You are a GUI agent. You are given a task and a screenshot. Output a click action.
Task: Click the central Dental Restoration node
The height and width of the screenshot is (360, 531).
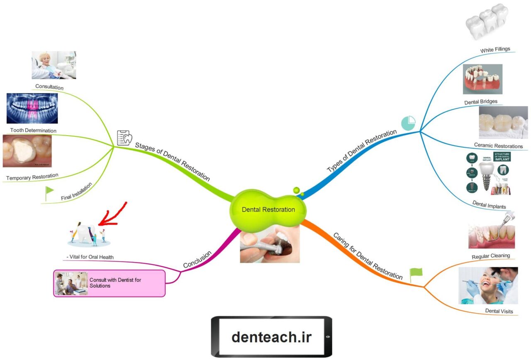(x=268, y=209)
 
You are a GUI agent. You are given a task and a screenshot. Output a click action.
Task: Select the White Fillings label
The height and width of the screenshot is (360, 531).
(x=495, y=50)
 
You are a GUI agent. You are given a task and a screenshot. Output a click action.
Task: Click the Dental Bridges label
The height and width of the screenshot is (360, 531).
(x=481, y=101)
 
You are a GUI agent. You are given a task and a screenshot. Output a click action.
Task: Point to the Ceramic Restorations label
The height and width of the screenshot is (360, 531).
(x=498, y=146)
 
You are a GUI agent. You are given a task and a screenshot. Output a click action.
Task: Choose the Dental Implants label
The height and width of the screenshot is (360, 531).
(x=489, y=204)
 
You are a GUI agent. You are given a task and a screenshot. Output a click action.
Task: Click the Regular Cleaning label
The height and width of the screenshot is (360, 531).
(x=491, y=256)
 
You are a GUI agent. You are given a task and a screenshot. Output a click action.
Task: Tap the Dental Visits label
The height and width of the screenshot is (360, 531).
(x=499, y=311)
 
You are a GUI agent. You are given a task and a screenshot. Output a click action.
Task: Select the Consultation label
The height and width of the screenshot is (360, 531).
(x=49, y=88)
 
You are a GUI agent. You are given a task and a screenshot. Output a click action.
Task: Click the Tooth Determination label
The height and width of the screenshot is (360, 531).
(x=33, y=130)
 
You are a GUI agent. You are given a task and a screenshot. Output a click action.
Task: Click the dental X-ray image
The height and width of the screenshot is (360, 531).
(x=32, y=108)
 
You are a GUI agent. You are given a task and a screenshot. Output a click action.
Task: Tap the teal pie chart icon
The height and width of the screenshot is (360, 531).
(x=408, y=123)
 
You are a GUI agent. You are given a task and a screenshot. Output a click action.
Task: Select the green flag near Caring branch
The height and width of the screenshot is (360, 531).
(x=416, y=273)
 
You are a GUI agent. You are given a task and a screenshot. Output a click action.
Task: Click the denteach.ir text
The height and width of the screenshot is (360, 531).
(x=271, y=337)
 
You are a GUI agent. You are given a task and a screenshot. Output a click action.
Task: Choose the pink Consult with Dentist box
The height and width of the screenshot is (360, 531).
(x=109, y=283)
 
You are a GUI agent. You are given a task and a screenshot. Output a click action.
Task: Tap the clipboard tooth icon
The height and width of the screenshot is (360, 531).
(x=124, y=137)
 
